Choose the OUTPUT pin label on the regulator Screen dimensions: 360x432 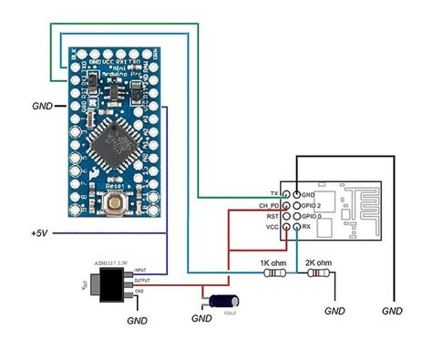(143, 282)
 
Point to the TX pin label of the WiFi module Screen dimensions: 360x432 (273, 194)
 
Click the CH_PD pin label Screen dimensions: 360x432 (269, 205)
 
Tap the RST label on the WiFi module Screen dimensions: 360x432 (273, 216)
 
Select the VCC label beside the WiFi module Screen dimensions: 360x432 (272, 227)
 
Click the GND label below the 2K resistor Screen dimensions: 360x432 (336, 311)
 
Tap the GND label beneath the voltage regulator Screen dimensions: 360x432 (136, 320)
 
